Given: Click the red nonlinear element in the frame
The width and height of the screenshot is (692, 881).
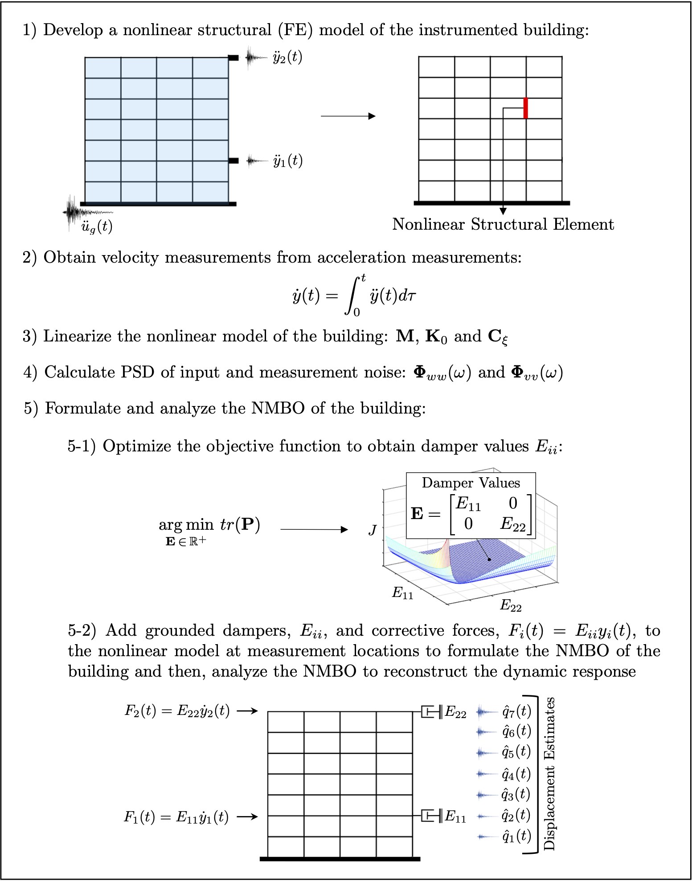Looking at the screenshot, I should coord(526,108).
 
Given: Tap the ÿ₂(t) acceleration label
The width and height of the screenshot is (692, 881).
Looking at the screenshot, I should coord(287,57).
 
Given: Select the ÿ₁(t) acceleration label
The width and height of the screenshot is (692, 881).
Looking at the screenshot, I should coord(288,161).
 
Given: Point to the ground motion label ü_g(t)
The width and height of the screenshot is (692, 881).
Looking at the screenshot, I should coord(97,227).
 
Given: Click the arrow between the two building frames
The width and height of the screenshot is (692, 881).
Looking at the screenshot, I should coord(348,116).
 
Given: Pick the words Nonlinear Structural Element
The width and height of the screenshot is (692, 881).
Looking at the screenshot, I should coord(503,224).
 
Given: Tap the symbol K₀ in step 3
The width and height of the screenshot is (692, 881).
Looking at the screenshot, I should coord(436,337).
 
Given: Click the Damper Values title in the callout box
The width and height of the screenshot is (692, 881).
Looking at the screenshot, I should coord(471,483).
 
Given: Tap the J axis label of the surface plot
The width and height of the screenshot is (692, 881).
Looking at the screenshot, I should coord(373,530).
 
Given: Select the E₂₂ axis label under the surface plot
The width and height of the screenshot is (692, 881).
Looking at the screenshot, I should coord(511,605).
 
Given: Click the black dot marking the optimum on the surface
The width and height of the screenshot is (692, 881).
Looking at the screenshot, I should coord(489,559).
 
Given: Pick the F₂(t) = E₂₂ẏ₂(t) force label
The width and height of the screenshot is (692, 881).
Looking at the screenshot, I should coord(177,711).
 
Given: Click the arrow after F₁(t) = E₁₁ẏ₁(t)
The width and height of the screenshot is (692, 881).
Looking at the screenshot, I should coord(247,816).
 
